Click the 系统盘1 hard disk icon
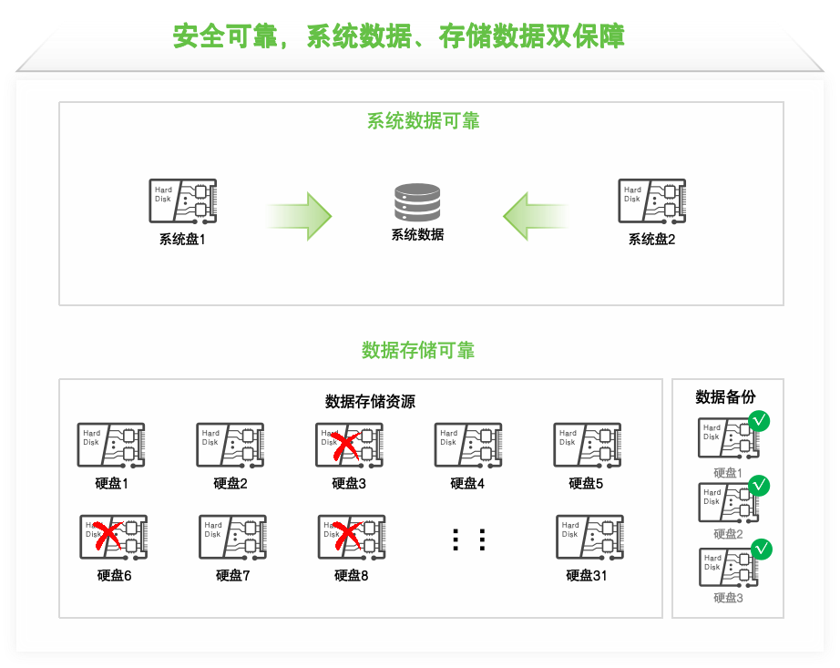coord(182,201)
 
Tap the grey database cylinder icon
coord(417,202)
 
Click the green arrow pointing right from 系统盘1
coord(300,216)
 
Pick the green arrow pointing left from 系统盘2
coord(536,216)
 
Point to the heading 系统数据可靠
coord(423,121)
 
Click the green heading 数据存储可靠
coord(418,351)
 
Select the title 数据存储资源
coord(370,402)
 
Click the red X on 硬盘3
coord(343,446)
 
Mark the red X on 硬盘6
coord(108,535)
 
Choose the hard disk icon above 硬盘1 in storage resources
coord(111,446)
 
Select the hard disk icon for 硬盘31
coord(589,538)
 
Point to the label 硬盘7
coord(232,576)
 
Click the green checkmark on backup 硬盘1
coord(759,421)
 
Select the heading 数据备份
coord(725,397)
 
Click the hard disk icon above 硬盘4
coord(468,446)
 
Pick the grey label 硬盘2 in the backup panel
coord(728,534)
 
